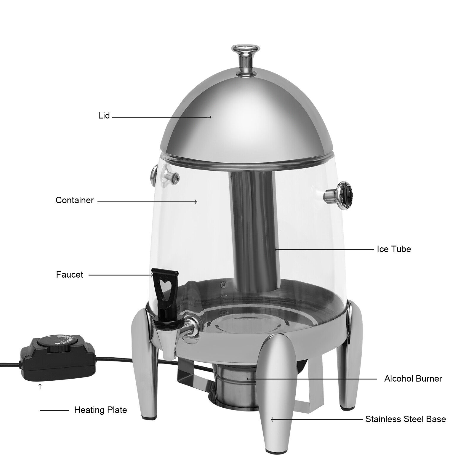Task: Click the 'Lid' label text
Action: click(x=104, y=116)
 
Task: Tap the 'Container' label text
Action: click(x=75, y=200)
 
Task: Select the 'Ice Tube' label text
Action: click(x=394, y=249)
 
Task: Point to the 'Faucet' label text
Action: click(x=70, y=275)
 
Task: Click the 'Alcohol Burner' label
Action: click(x=413, y=378)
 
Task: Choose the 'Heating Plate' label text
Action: click(x=100, y=410)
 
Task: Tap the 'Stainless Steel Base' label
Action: click(x=405, y=419)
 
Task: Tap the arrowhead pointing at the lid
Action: click(x=210, y=117)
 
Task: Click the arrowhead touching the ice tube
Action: click(x=276, y=249)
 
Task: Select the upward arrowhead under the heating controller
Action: click(x=40, y=385)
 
